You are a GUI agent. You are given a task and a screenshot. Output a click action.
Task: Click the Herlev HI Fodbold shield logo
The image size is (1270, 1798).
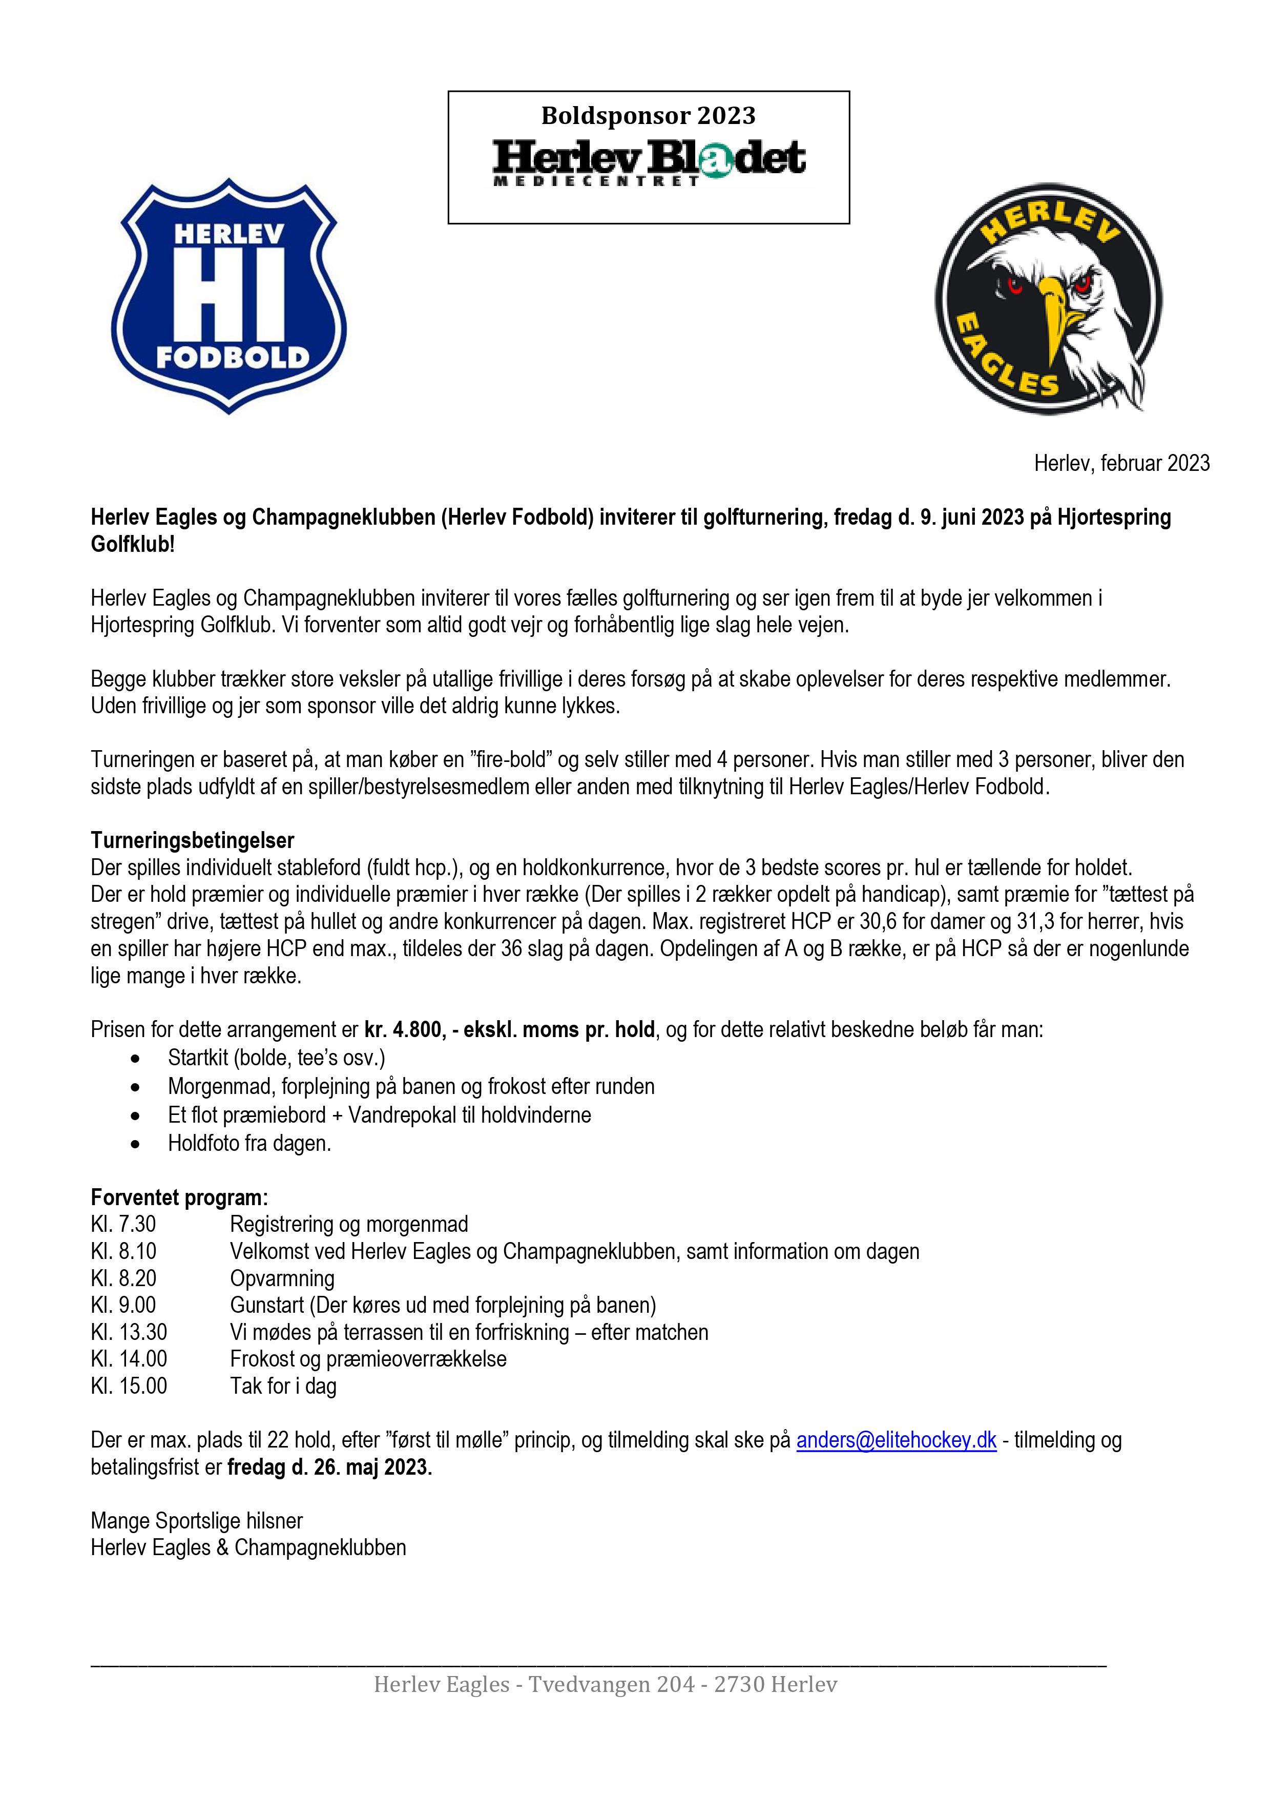pyautogui.click(x=228, y=296)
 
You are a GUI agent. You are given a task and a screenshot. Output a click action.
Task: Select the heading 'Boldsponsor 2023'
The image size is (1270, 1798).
pyautogui.click(x=648, y=116)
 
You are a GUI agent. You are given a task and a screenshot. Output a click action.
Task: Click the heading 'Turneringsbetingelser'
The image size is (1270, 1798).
pyautogui.click(x=193, y=840)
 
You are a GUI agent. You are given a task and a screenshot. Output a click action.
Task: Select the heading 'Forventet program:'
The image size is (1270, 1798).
pyautogui.click(x=179, y=1197)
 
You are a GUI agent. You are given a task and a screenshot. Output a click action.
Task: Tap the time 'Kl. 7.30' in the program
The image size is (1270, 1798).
pyautogui.click(x=123, y=1224)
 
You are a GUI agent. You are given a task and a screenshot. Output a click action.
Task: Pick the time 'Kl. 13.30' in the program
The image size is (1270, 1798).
pyautogui.click(x=129, y=1332)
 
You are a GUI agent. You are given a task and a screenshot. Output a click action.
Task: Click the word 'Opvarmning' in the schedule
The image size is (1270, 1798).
pyautogui.click(x=282, y=1278)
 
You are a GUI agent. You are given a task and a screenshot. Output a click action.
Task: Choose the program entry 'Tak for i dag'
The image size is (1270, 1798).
pyautogui.click(x=283, y=1386)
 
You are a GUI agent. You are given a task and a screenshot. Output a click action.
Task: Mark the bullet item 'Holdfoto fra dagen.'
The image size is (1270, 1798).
pyautogui.click(x=249, y=1143)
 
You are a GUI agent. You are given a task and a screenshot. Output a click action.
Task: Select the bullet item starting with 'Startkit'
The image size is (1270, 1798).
pyautogui.click(x=276, y=1058)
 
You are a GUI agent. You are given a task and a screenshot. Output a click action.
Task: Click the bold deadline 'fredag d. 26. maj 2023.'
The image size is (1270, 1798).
pyautogui.click(x=329, y=1467)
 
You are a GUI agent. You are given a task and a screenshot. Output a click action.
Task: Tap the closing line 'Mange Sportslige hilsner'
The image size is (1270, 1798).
pyautogui.click(x=197, y=1521)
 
